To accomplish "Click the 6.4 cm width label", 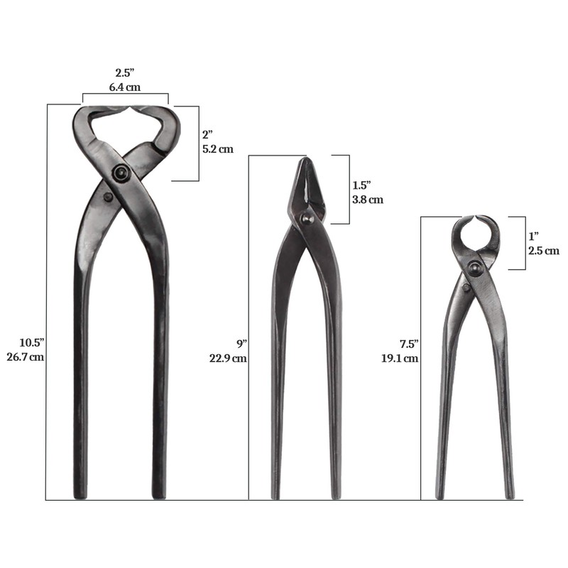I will coord(125,86).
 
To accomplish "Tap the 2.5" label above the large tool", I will coord(125,72).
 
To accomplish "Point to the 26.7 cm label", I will coord(26,356).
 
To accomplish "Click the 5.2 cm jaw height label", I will coord(217,149).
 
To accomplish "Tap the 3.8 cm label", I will coord(368,200).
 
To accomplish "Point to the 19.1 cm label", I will coord(400,359).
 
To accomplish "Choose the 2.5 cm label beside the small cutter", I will coord(543,250).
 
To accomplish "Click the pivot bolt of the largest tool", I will coord(122,173).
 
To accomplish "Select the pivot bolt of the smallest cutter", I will coord(474,268).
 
